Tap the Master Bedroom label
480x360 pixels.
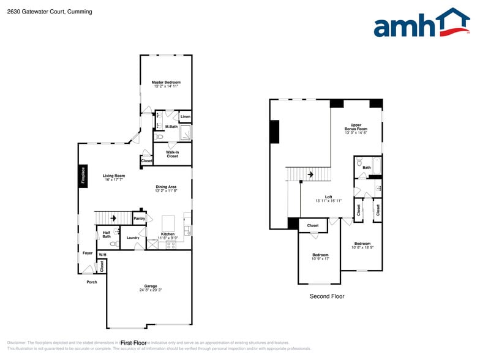point(167,82)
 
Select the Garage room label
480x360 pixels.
point(151,286)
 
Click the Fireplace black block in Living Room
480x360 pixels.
point(81,175)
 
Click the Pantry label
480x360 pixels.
point(140,219)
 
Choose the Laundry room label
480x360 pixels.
point(133,238)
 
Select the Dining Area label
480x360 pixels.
point(166,187)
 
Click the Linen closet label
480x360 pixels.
point(186,116)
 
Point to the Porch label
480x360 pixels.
point(91,282)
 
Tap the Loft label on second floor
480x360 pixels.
point(328,197)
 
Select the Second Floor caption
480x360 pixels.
point(327,296)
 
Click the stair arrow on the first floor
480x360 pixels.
point(113,217)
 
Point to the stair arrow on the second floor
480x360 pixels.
point(310,174)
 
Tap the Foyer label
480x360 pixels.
point(88,252)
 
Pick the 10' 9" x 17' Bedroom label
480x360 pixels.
point(320,255)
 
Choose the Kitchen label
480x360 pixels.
point(168,234)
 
